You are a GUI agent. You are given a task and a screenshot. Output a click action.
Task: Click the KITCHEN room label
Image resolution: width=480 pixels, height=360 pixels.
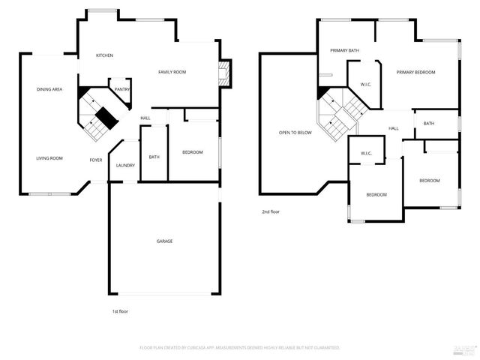click(104, 56)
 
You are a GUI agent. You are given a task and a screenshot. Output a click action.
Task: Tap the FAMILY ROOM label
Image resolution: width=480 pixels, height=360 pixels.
click(172, 72)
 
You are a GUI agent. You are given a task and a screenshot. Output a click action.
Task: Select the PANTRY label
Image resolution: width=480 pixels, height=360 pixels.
click(122, 89)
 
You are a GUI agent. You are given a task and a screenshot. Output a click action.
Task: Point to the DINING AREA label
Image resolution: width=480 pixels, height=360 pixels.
click(49, 90)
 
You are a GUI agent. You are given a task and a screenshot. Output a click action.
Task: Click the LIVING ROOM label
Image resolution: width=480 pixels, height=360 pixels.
click(50, 158)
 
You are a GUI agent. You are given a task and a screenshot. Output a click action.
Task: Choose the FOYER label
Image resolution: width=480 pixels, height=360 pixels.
click(96, 160)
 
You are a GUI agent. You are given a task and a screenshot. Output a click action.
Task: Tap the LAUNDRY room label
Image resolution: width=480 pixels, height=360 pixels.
click(125, 166)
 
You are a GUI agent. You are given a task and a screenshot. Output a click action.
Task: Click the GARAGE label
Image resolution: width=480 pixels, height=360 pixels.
click(164, 241)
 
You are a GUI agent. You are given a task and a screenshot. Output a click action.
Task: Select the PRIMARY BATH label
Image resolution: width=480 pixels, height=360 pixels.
click(345, 50)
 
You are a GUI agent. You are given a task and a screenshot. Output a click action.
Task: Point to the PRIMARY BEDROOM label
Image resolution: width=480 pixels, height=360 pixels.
click(416, 72)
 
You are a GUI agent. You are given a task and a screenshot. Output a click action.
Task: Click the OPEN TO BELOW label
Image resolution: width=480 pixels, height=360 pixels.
click(295, 133)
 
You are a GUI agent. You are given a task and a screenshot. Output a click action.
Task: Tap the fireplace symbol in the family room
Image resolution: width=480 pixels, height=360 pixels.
click(223, 73)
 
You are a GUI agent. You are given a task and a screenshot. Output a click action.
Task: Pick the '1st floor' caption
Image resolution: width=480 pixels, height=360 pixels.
click(119, 310)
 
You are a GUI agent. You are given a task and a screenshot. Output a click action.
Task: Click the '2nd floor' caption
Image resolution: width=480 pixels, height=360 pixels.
click(271, 212)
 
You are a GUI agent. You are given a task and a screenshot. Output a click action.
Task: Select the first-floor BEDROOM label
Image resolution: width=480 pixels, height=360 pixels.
click(193, 152)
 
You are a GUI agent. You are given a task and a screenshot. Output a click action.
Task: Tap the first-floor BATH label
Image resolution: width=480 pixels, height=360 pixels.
click(154, 157)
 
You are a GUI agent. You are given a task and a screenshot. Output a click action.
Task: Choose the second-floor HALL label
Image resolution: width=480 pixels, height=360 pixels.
click(393, 128)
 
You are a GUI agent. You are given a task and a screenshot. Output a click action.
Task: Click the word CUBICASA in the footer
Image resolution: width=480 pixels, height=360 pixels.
click(216, 348)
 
